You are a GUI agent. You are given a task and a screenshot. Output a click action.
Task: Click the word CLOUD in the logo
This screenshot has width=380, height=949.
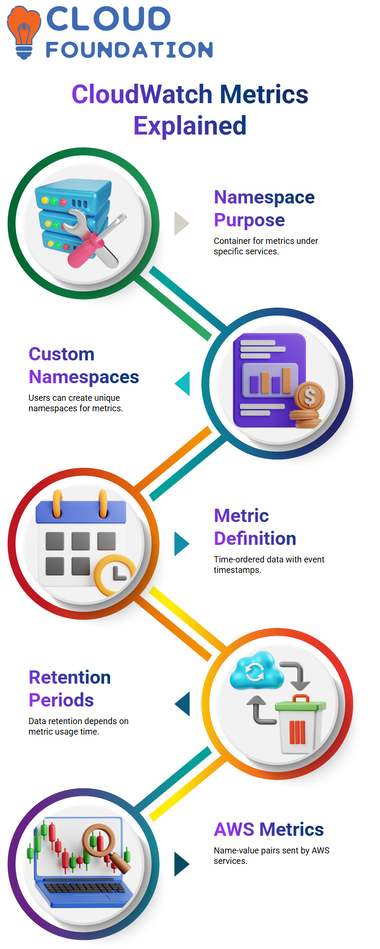point(108,19)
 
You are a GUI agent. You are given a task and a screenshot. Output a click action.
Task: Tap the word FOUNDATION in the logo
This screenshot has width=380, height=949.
point(129,50)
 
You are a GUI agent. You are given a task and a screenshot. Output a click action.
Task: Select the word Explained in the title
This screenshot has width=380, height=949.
point(190,126)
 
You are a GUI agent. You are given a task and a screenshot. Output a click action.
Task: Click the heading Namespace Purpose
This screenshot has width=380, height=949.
point(264,208)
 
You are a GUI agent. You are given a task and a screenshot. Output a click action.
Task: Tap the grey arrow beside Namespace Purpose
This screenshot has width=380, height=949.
point(182,223)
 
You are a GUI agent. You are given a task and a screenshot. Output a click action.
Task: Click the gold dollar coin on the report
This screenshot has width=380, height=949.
point(309,396)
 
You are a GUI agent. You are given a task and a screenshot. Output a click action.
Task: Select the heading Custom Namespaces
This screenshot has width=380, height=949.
point(84,365)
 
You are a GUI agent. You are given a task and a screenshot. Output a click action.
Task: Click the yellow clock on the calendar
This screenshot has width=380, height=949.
point(115,574)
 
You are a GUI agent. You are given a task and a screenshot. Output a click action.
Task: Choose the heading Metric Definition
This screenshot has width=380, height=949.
point(255,527)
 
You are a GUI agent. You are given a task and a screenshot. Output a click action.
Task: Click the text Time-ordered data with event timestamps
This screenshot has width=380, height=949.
point(269,564)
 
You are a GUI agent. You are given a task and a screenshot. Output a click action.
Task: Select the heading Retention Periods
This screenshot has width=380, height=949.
point(69,688)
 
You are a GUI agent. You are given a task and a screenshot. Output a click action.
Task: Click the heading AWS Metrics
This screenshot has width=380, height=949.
point(269,829)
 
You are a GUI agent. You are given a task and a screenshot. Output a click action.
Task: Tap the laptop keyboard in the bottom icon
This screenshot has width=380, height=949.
point(84,887)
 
